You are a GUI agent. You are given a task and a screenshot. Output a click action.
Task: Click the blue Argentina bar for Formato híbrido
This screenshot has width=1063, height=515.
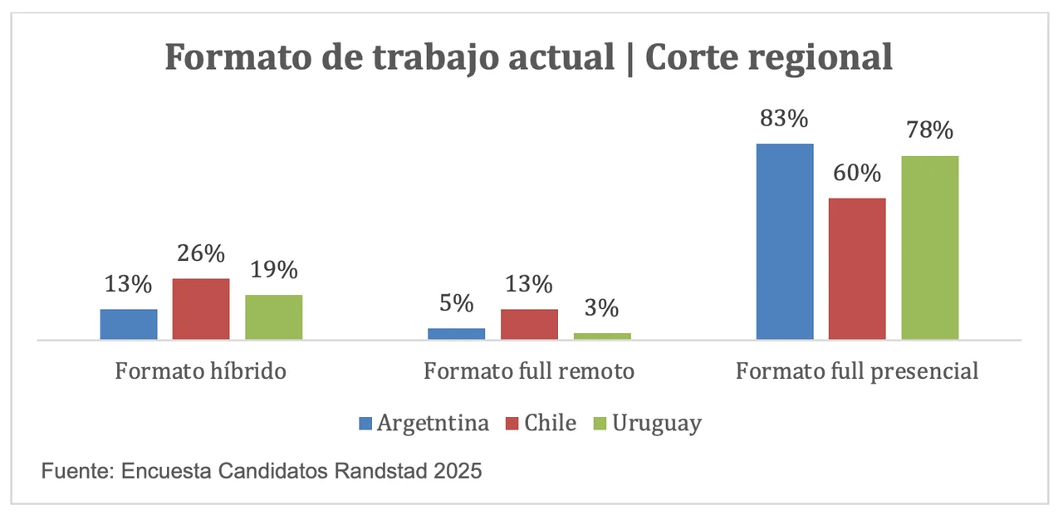point(129,324)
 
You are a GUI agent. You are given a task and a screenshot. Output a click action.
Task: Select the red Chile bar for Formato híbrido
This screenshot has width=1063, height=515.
point(201,309)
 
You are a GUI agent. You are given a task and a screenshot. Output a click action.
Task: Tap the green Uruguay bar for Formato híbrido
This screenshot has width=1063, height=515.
point(274,316)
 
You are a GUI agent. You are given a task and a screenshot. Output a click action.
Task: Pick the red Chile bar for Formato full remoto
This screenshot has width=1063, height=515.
point(529,324)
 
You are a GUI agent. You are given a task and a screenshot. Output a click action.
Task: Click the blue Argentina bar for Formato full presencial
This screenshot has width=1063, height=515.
point(785,241)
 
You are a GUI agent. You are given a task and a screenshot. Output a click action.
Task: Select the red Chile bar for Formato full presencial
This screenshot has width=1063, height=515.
point(857,268)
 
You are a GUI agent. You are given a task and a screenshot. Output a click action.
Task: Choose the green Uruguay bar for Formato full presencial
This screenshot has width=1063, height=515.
point(930,248)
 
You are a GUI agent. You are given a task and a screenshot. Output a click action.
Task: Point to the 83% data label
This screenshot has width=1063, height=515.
point(785,119)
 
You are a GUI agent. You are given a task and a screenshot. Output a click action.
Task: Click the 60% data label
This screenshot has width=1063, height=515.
point(857,174)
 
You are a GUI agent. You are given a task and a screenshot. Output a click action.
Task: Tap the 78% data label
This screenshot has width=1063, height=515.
point(930,131)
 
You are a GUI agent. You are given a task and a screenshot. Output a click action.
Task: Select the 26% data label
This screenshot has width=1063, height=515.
point(201,254)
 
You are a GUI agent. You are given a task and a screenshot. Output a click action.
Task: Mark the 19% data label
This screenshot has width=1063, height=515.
point(274,270)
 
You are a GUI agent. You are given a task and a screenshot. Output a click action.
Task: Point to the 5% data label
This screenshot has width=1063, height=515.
point(457,303)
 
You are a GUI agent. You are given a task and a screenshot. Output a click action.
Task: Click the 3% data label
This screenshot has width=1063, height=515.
point(602,309)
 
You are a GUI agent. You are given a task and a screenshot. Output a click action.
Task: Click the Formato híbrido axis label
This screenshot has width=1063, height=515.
point(201,371)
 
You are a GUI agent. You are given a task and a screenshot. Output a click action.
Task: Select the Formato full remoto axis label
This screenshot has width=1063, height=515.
point(529,371)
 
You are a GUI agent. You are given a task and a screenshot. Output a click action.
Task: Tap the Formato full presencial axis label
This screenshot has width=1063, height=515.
point(857,371)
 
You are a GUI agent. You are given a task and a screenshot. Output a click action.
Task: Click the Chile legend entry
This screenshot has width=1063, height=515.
point(549,423)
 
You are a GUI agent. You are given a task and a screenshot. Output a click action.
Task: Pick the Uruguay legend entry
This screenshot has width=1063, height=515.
point(656,424)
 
